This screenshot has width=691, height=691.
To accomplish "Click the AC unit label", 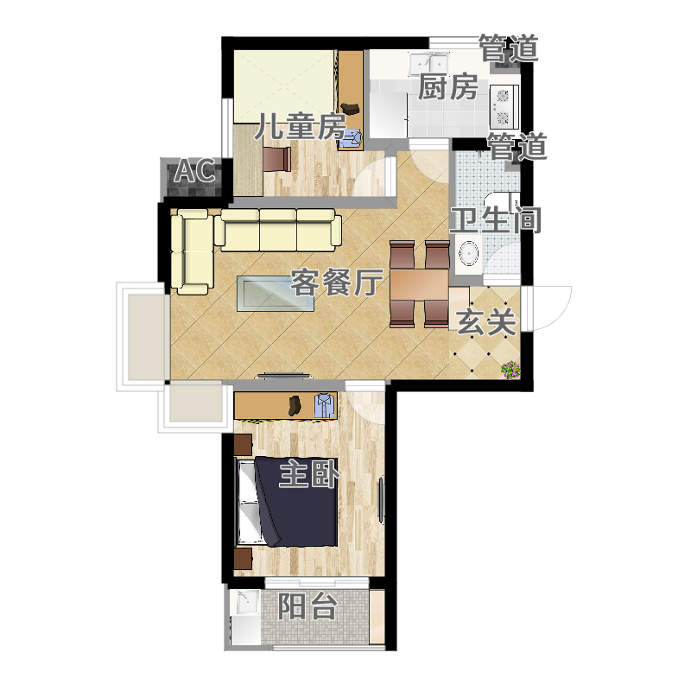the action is click(195, 170).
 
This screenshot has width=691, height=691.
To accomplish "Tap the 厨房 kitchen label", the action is click(447, 87).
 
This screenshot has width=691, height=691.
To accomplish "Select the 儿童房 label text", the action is click(301, 126).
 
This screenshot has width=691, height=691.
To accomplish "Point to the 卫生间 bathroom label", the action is click(495, 219).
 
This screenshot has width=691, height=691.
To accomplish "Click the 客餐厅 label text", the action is click(335, 282).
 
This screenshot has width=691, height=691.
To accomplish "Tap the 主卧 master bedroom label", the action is click(309, 473).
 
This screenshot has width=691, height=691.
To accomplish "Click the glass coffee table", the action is click(276, 293).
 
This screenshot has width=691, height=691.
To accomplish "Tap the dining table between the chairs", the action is click(419, 285).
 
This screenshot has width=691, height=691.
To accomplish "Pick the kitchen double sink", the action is click(428, 64).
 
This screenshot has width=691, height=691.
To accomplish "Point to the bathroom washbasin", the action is click(468, 255).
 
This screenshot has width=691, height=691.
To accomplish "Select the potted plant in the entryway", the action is click(510, 371).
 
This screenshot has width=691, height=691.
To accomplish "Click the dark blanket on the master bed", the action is click(297, 502).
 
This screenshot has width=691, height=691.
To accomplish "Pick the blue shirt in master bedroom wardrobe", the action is click(325, 406).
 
